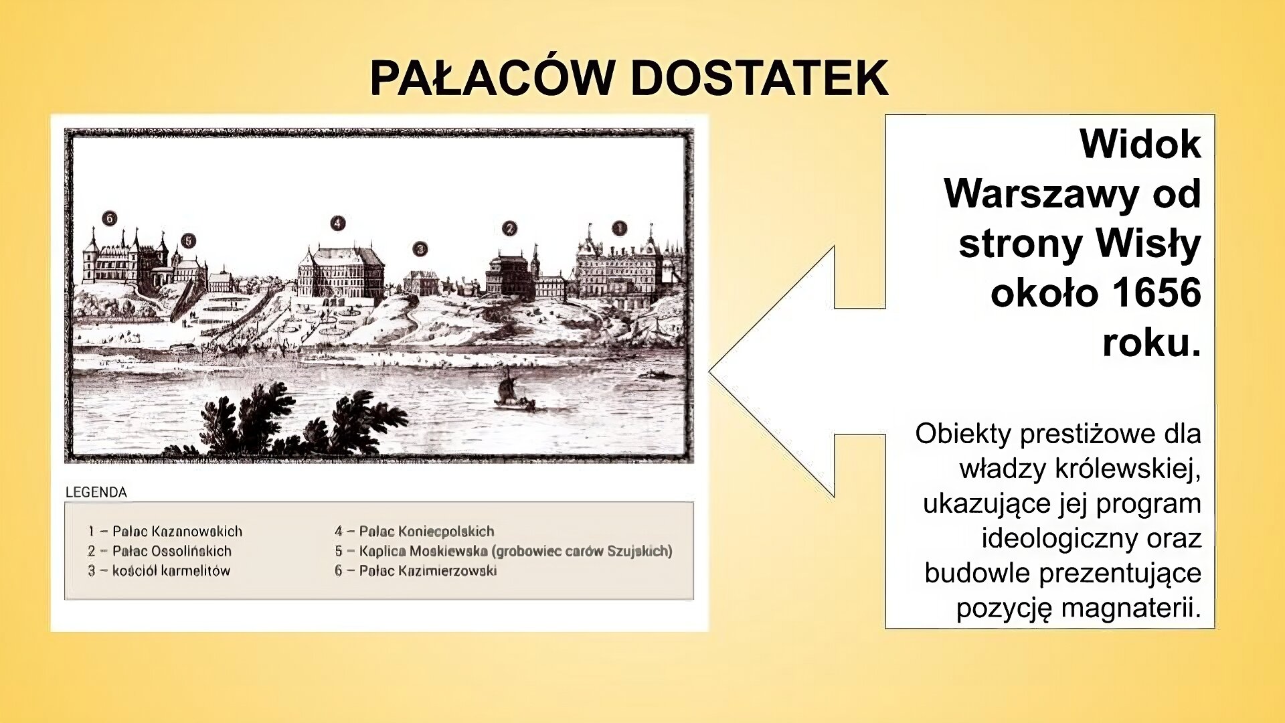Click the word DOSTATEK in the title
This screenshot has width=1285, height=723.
[759, 78]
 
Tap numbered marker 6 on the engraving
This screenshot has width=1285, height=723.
[110, 218]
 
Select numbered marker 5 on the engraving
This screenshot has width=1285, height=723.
[189, 240]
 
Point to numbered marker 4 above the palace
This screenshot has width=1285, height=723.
[337, 223]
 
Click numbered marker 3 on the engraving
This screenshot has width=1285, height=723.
[420, 249]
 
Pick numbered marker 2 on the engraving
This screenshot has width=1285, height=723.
[509, 229]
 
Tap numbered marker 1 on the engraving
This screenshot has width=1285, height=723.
[620, 228]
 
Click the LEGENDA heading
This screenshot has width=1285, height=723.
[96, 492]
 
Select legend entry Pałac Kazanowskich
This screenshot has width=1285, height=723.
[177, 532]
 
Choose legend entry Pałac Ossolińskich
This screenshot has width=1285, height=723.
[171, 551]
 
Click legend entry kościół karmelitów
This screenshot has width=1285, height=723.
[171, 571]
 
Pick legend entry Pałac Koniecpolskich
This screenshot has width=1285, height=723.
[426, 532]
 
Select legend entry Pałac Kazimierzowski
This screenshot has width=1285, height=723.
[428, 571]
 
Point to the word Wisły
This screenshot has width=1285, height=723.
[1148, 244]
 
